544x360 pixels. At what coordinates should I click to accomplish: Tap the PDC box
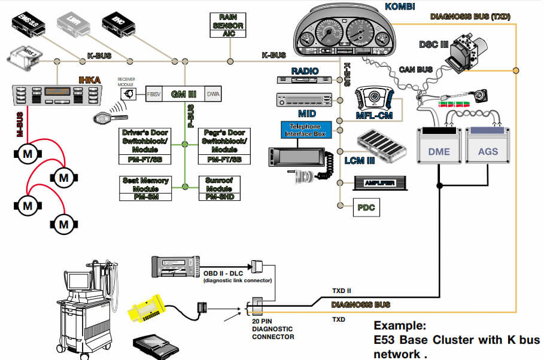(364, 207)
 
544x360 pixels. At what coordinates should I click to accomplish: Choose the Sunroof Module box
(215, 188)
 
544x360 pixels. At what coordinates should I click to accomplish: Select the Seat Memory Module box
(145, 188)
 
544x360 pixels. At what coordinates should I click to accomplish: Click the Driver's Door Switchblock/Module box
(145, 145)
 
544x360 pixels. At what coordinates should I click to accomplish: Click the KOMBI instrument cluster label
(384, 7)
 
